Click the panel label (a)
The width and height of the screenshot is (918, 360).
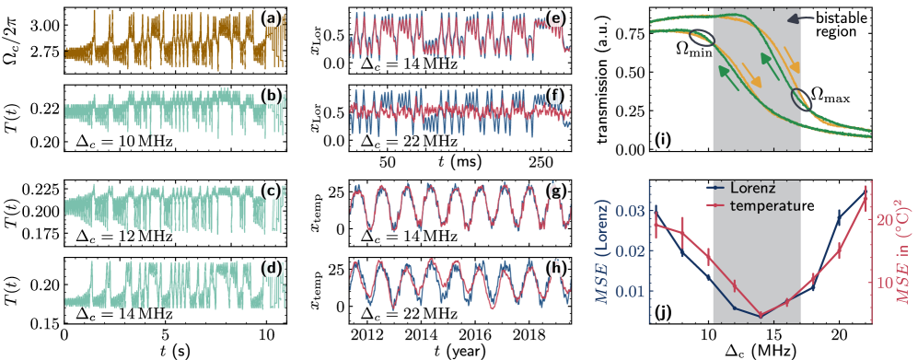[x=272, y=18]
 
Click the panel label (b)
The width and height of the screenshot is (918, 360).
[x=272, y=96]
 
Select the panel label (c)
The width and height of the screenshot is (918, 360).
[x=271, y=192]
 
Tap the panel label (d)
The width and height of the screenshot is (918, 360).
[x=271, y=269]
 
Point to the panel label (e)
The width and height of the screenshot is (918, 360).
[x=555, y=18]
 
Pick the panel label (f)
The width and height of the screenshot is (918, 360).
[x=555, y=96]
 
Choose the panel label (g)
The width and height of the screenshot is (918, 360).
[x=555, y=192]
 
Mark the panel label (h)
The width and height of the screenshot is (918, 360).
[x=555, y=268]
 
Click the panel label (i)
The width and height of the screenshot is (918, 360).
[x=663, y=141]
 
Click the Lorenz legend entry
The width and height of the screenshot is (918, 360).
[x=752, y=187]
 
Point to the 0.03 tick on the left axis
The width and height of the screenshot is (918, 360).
[x=629, y=212]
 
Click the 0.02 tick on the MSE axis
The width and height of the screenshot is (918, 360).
[x=629, y=251]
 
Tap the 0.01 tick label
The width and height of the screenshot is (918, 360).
[x=629, y=292]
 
